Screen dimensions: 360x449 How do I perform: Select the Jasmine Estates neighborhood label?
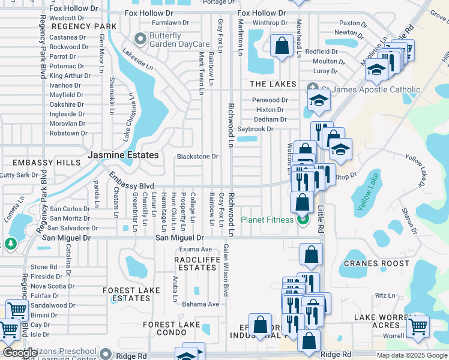pyautogui.click(x=123, y=155)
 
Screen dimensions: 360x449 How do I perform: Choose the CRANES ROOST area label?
pyautogui.click(x=377, y=263)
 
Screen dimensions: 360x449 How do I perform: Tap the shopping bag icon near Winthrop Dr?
pyautogui.click(x=281, y=46)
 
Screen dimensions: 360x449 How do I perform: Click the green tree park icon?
pyautogui.click(x=10, y=244)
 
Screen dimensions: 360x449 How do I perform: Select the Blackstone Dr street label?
pyautogui.click(x=197, y=157)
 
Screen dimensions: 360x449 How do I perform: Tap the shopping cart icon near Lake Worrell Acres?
pyautogui.click(x=418, y=327)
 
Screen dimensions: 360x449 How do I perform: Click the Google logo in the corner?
pyautogui.click(x=20, y=353)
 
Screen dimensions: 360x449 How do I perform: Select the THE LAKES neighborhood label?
pyautogui.click(x=273, y=84)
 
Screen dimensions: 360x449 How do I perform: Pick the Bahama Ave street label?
pyautogui.click(x=200, y=304)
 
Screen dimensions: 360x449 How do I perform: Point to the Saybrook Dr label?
pyautogui.click(x=255, y=129)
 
